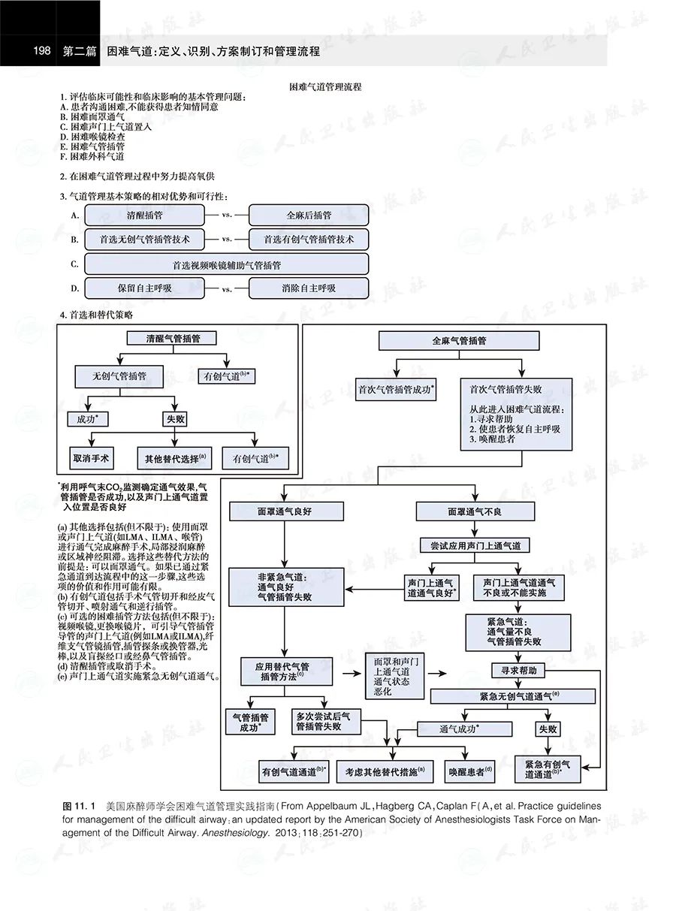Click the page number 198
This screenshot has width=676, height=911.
[x=42, y=51]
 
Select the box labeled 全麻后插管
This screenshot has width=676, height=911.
[x=308, y=215]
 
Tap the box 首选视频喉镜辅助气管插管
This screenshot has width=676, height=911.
[x=226, y=265]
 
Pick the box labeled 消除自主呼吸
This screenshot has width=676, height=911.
[x=308, y=288]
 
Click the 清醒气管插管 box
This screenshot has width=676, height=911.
[x=173, y=339]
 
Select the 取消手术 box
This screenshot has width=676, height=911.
[x=92, y=457]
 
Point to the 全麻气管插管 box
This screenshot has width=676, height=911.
[x=459, y=340]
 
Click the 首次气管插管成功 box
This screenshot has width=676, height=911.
[x=397, y=389]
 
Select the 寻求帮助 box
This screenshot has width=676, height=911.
[x=514, y=669]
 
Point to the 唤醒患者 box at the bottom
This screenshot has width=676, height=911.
[x=470, y=770]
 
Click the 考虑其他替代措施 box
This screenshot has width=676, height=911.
[x=385, y=770]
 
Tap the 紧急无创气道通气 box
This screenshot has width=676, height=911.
[x=513, y=696]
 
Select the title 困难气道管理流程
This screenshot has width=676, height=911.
[x=325, y=87]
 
